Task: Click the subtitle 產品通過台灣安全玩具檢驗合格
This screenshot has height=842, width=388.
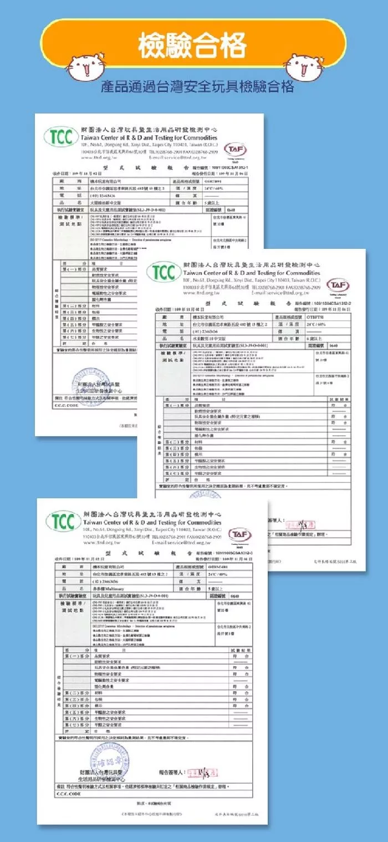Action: coord(197,88)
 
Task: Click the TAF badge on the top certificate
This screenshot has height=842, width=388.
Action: coord(236,150)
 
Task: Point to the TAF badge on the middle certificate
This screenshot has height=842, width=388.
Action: coord(338,285)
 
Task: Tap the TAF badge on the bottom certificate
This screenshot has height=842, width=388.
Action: coord(236,533)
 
